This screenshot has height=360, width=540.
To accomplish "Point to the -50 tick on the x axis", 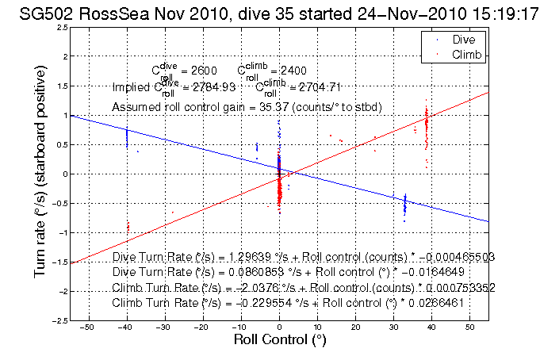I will [x=89, y=326].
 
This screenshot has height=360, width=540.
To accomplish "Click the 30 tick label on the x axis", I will [x=393, y=326].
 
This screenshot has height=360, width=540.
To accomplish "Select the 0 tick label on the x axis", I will [x=279, y=326].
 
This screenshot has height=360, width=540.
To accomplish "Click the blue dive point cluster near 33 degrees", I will [x=404, y=205].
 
